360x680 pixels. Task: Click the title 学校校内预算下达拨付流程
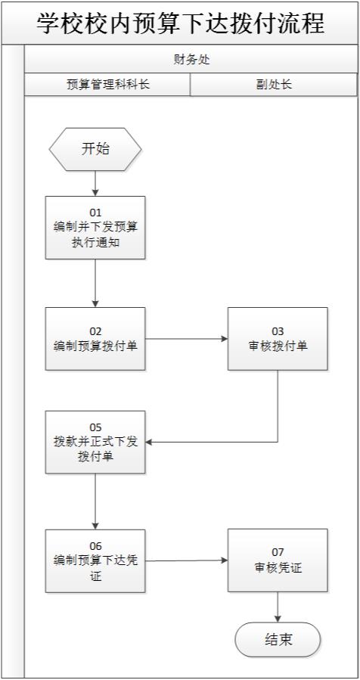pos(180,23)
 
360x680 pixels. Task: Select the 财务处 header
pos(191,60)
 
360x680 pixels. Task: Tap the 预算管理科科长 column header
pos(107,85)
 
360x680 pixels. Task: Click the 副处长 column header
pos(273,85)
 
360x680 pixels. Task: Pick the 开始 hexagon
pos(95,149)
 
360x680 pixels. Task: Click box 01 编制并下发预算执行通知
pos(95,228)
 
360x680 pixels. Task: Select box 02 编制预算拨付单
pos(95,338)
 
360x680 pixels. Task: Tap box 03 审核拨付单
pos(278,338)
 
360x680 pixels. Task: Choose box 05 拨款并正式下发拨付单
pos(95,442)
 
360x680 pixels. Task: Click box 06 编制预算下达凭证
pos(95,560)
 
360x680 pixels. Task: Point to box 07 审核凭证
pos(278,560)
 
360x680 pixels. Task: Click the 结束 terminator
pos(278,640)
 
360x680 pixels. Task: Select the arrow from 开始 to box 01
pos(95,183)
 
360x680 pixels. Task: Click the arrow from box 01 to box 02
pos(95,284)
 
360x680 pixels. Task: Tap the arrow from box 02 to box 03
pos(186,338)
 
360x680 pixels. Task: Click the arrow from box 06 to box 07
pos(186,560)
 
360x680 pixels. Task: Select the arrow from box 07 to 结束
pos(278,607)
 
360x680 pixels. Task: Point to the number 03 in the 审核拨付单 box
pos(278,331)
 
